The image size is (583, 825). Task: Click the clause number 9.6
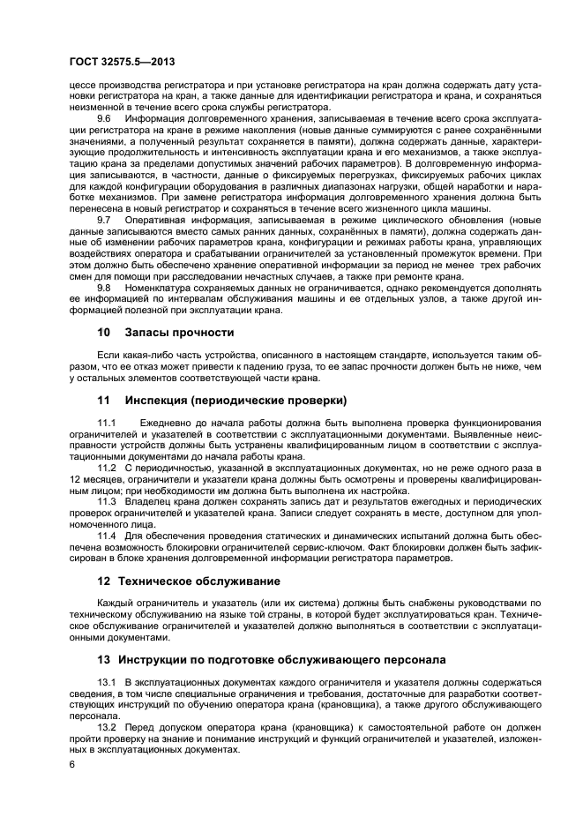click(104, 117)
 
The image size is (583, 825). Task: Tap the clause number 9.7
click(104, 219)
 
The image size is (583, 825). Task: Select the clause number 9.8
click(104, 288)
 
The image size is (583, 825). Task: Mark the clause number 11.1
click(107, 424)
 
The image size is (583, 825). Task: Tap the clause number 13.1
click(107, 683)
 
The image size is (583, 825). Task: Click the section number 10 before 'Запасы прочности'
click(103, 333)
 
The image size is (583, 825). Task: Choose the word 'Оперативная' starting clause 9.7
click(159, 219)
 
